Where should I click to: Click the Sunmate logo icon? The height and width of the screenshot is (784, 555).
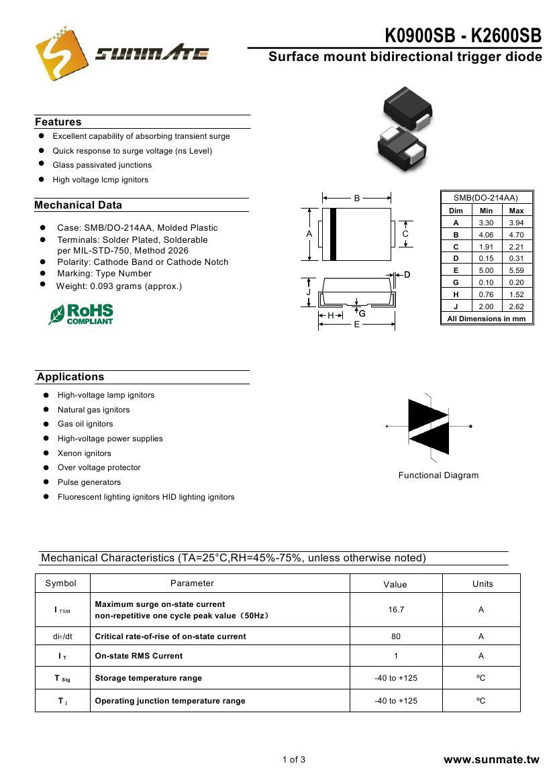[x=62, y=52]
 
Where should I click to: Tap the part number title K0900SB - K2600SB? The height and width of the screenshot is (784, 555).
[x=462, y=36]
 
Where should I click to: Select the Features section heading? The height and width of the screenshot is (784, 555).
[x=58, y=122]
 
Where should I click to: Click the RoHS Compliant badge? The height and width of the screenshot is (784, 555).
[x=81, y=314]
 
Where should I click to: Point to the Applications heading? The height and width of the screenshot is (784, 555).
[x=70, y=377]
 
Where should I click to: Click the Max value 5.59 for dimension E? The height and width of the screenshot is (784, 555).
[x=516, y=270]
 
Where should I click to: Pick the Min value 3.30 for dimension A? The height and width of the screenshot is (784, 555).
[x=486, y=223]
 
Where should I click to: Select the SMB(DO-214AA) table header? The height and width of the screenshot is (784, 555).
[x=486, y=198]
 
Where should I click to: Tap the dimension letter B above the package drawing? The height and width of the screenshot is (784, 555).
[x=357, y=198]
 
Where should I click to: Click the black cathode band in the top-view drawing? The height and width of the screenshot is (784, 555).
[x=333, y=235]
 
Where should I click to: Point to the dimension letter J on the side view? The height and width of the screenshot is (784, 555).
[x=308, y=292]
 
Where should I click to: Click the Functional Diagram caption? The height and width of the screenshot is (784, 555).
[x=438, y=475]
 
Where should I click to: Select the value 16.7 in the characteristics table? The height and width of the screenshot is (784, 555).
[x=395, y=610]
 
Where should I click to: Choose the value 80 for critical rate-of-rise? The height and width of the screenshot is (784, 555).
[x=395, y=636]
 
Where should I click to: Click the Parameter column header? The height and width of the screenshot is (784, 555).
[x=192, y=583]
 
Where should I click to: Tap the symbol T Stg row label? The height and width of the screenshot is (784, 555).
[x=62, y=678]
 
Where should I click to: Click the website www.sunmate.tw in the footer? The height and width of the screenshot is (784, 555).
[x=491, y=760]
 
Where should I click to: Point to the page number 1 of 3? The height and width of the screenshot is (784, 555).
[x=294, y=760]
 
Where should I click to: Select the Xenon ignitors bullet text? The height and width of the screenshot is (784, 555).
[x=85, y=453]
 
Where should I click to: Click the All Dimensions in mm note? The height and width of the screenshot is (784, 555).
[x=486, y=319]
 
